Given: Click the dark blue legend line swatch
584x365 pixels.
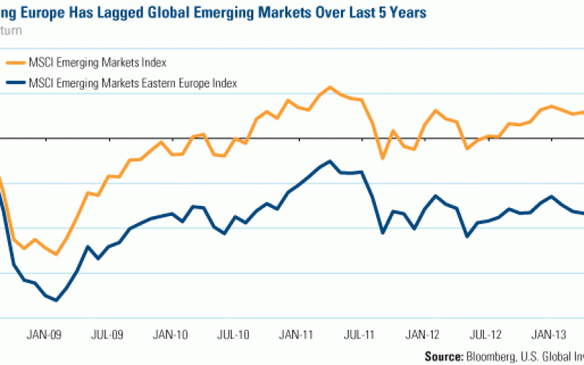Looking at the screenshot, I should [13, 82].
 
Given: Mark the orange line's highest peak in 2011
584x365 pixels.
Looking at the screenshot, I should [330, 87].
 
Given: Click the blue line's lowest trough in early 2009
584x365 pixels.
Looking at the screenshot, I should [56, 300].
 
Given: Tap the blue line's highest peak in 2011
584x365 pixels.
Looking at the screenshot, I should [330, 161].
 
